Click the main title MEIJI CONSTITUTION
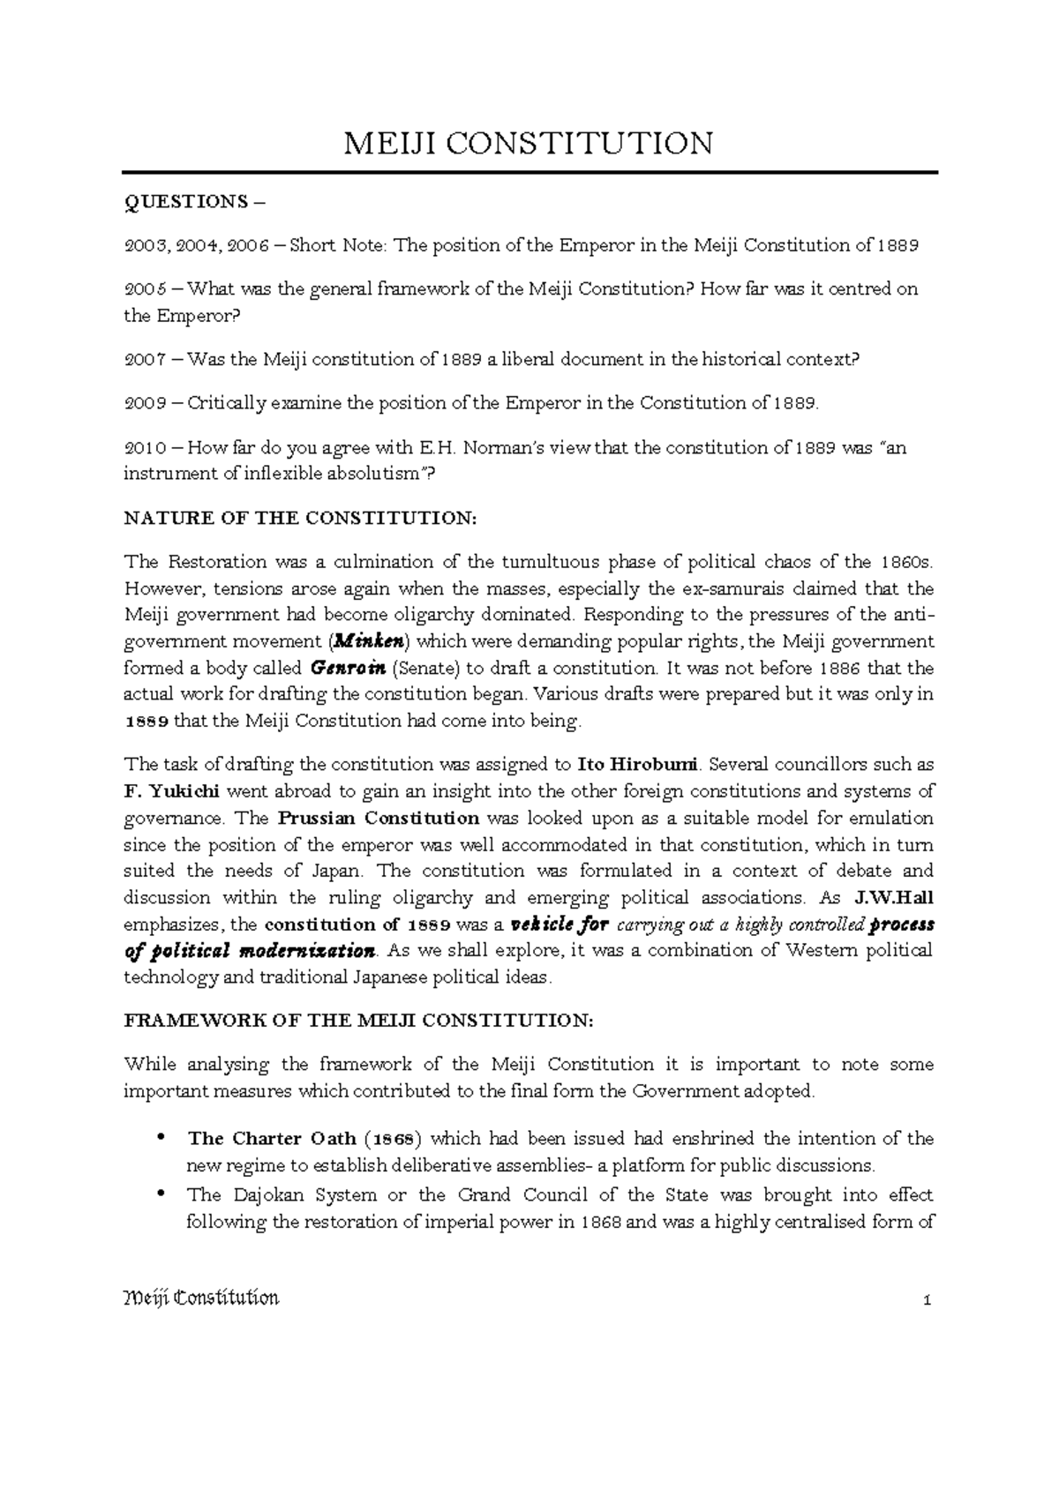(528, 143)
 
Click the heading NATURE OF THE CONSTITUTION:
(300, 519)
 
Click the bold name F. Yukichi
(171, 791)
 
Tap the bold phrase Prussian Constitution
(379, 818)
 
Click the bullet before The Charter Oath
(161, 1139)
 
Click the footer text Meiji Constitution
(201, 1299)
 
